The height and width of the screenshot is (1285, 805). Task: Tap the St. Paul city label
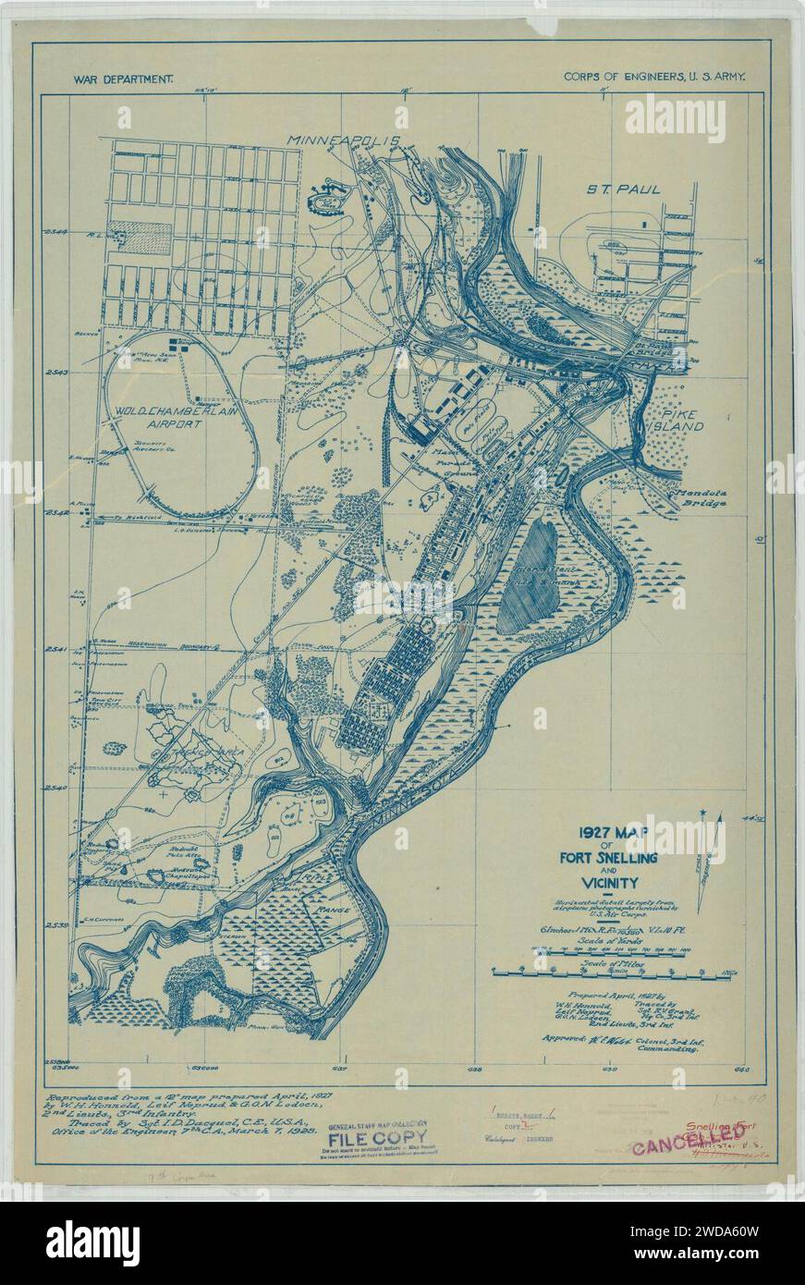(626, 190)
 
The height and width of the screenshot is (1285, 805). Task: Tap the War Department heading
(123, 80)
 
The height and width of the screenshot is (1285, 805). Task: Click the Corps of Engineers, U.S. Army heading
(654, 80)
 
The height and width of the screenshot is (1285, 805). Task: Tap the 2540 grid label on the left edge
(57, 789)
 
